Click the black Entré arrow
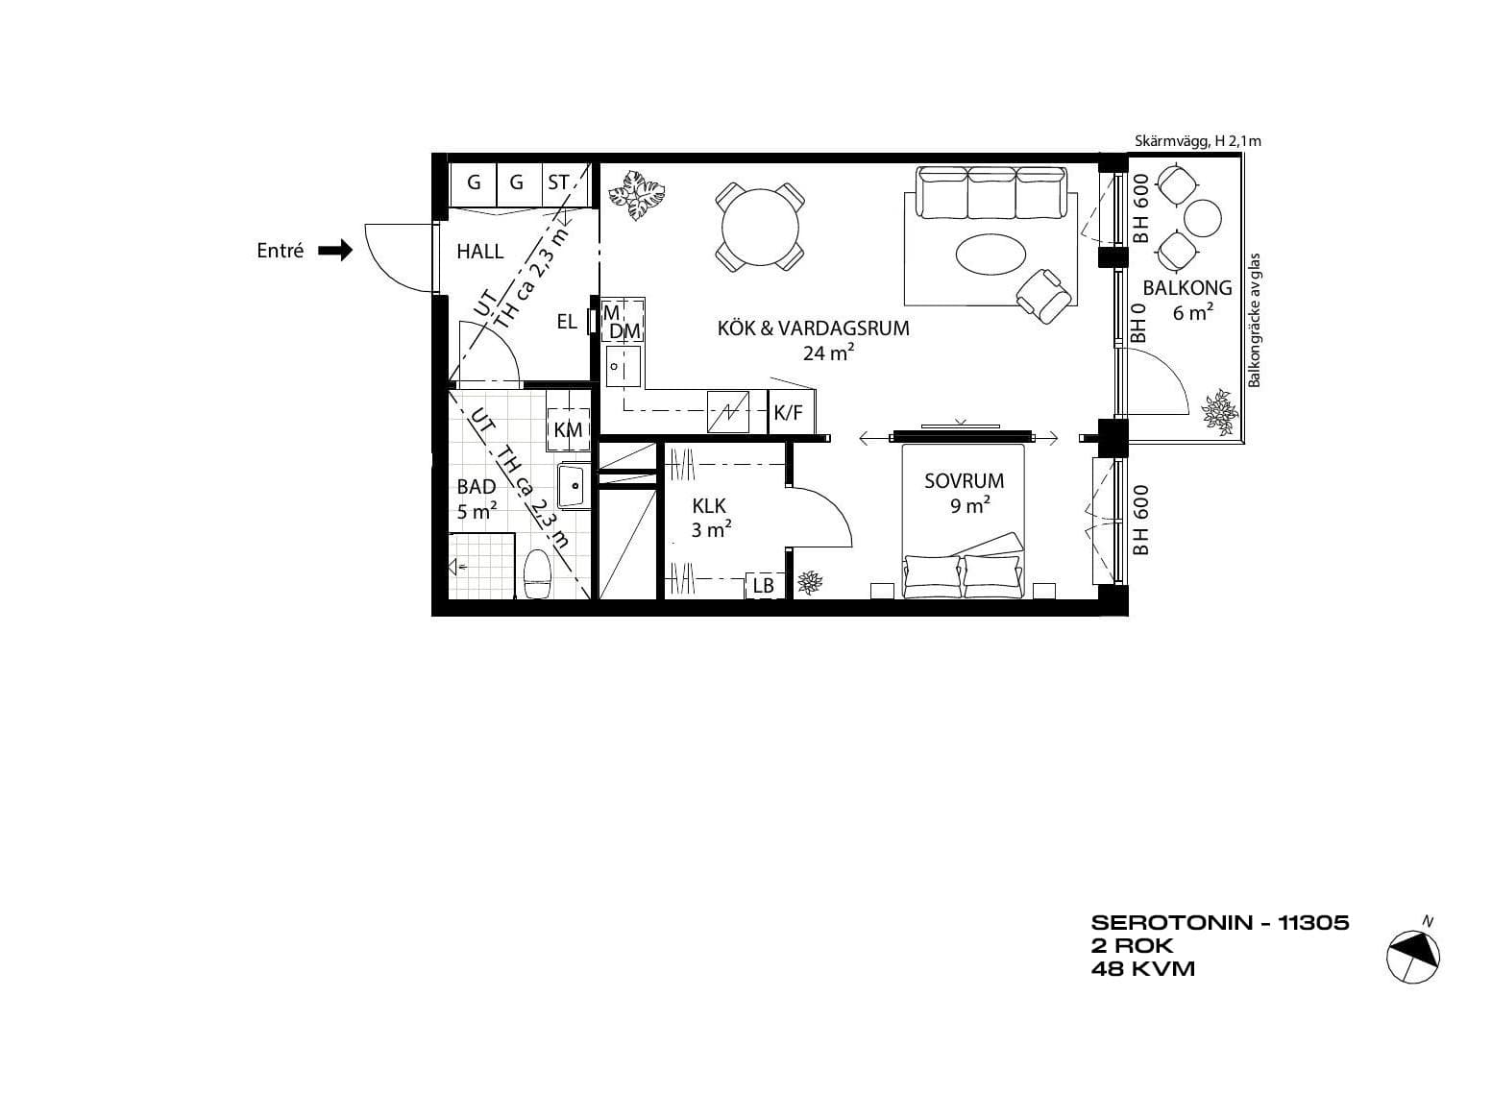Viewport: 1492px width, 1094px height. (x=335, y=251)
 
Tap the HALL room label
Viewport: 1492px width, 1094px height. (x=479, y=251)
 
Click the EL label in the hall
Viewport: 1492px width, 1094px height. (x=567, y=323)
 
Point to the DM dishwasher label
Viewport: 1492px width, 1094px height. (x=624, y=331)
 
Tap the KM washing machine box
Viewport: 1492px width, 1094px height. (x=568, y=430)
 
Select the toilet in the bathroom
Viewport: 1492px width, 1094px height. (x=537, y=574)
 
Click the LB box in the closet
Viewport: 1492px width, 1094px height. (x=764, y=585)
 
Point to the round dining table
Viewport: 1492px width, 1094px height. (x=760, y=227)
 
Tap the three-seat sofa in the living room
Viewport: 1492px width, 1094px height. (x=991, y=192)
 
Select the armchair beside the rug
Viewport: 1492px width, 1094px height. (x=1043, y=296)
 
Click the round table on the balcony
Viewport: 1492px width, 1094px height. (x=1204, y=219)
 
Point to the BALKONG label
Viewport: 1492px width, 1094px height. (x=1187, y=288)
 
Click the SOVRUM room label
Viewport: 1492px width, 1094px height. (x=964, y=481)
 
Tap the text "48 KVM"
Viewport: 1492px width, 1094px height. (x=1143, y=969)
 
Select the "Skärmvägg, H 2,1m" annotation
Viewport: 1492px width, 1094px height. (x=1198, y=141)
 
